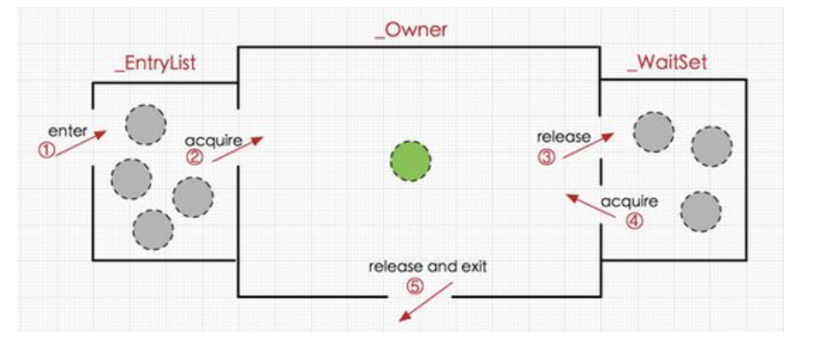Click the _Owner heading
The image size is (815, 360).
[x=411, y=29]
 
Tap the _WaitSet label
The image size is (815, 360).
[x=667, y=63]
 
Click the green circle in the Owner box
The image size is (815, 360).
[x=411, y=159]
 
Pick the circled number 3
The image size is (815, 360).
[x=547, y=157]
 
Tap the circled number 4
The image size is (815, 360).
[x=634, y=220]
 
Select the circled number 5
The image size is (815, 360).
[x=414, y=286]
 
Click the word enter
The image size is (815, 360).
[x=68, y=131]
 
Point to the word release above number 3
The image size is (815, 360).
[x=563, y=137]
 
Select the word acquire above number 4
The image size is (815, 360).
[x=628, y=201]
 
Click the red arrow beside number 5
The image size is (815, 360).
[x=425, y=305]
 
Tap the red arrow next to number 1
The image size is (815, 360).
[x=81, y=143]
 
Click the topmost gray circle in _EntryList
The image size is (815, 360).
[x=146, y=125]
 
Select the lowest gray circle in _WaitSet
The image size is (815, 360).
[x=700, y=212]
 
